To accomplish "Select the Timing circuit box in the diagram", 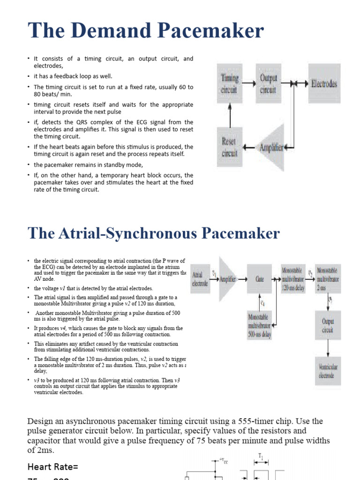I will pos(230,84).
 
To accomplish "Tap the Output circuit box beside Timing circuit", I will pos(269,84).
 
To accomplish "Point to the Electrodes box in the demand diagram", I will pos(324,84).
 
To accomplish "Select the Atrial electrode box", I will pos(200,279).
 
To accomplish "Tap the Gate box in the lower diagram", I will pos(259,279).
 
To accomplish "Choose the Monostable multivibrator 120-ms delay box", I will pos(293,279).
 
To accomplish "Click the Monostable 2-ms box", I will pos(328,279).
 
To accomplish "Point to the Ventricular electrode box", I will pos(328,371).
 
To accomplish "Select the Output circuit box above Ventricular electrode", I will pos(328,326).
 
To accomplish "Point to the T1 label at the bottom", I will pos(261,455).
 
